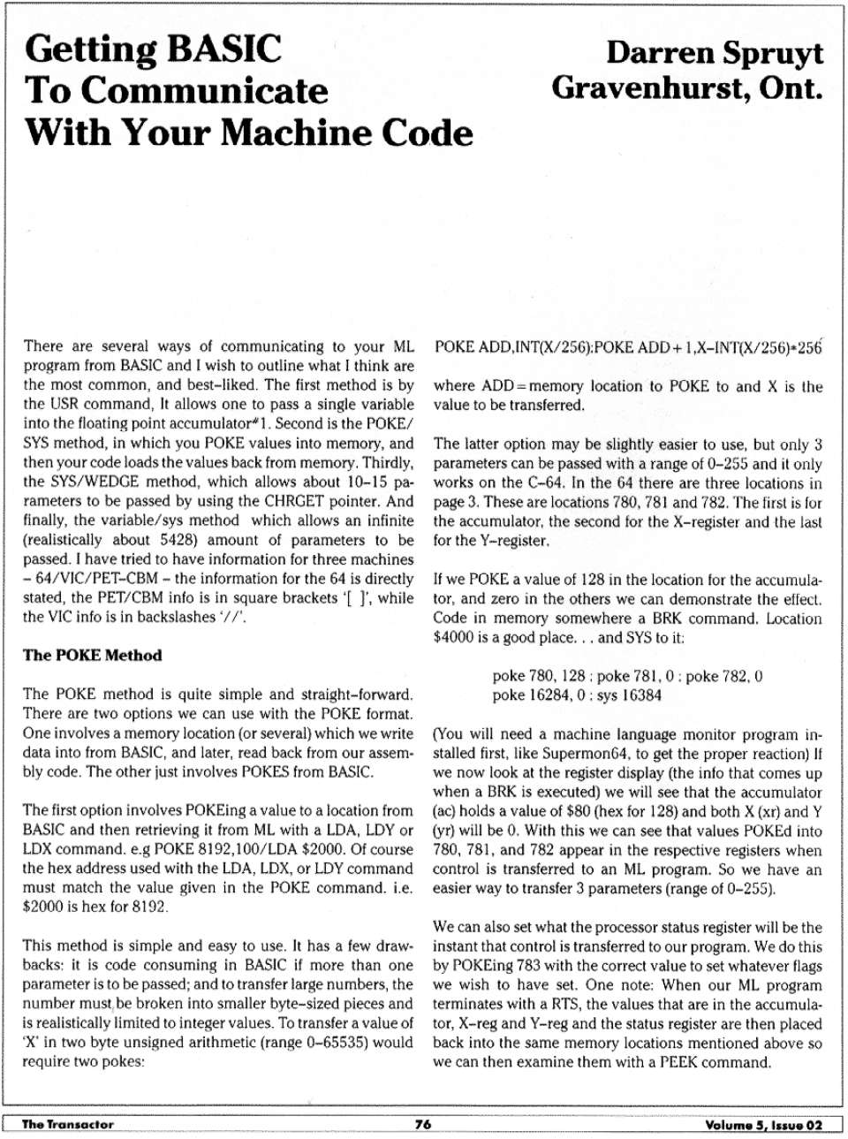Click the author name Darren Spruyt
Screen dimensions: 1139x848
pos(714,53)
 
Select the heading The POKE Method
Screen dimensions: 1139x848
pos(93,655)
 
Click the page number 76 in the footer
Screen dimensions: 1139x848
pos(423,1124)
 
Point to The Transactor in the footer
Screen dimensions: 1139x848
pos(68,1124)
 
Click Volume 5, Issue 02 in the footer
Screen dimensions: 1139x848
pos(763,1125)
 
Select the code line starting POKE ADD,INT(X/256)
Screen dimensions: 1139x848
pos(627,346)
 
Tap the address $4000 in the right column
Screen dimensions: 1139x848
pos(453,637)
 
